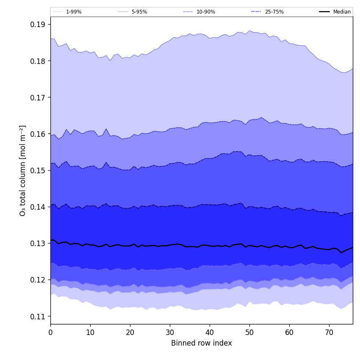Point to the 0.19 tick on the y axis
coord(38,25)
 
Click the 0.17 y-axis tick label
coord(38,97)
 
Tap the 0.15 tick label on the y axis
coord(38,170)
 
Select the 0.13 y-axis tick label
coord(38,244)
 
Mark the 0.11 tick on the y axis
coord(38,316)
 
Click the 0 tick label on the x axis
coord(50,332)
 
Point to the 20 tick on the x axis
coord(130,332)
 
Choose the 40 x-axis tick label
coord(210,332)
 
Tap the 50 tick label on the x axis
coord(249,332)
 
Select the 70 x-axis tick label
coord(329,332)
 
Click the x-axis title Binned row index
coord(201,343)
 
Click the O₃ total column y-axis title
coord(23,170)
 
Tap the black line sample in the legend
coord(325,12)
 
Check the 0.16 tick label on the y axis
coord(38,134)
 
